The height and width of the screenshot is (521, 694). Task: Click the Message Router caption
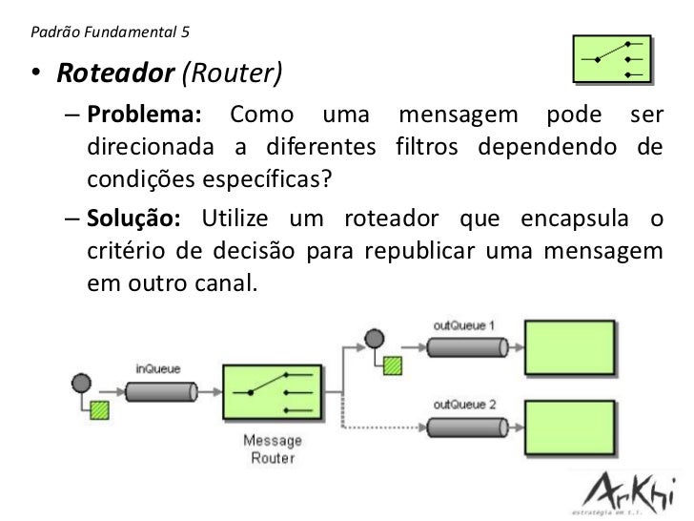point(273,448)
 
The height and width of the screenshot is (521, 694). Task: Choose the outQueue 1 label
point(463,325)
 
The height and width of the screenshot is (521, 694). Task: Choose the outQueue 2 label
point(463,404)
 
